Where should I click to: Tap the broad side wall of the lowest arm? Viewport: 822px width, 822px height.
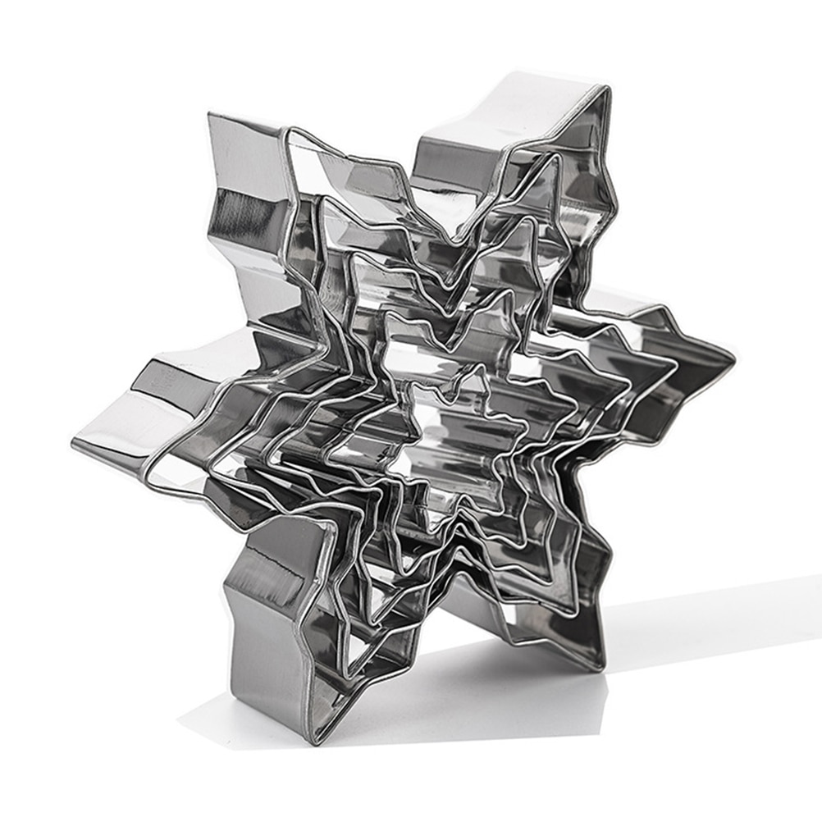[x=263, y=648]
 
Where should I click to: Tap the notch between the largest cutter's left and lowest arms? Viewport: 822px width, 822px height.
[x=246, y=525]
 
